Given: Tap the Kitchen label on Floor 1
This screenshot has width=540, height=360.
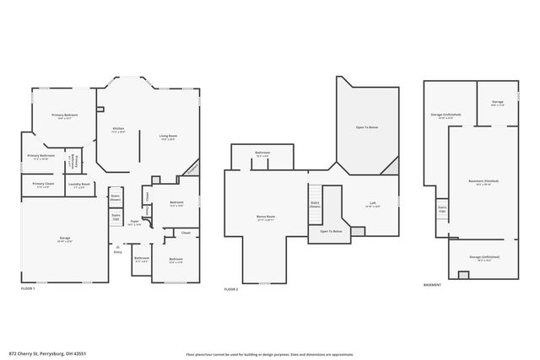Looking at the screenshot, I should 118,130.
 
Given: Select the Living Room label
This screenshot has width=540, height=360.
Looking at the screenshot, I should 167,137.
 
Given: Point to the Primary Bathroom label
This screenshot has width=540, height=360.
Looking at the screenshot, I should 41,157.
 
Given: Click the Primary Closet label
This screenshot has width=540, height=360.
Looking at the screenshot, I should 43,185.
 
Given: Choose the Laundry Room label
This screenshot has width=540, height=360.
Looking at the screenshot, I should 79,185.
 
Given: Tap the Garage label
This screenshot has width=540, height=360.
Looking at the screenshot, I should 64,240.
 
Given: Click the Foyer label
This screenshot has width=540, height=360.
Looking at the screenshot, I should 134,223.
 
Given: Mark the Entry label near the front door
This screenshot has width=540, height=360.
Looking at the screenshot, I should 118,252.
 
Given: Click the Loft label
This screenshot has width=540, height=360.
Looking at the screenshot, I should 372,203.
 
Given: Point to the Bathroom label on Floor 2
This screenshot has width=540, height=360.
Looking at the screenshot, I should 262,154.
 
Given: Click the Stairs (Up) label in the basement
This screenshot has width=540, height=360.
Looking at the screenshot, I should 441,208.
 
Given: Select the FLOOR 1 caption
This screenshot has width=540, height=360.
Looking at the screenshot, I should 29,288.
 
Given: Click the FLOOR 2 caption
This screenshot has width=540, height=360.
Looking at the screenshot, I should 231,288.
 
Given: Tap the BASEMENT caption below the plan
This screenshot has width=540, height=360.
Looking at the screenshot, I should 433,284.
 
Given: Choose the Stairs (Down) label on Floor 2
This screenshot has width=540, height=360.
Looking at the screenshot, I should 315,204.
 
